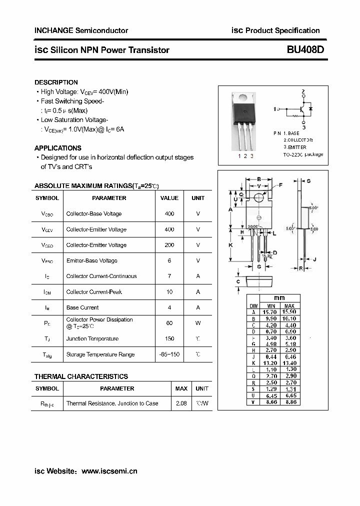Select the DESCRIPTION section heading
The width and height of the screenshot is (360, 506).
coord(56,82)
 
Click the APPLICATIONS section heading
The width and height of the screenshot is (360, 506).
coord(57,148)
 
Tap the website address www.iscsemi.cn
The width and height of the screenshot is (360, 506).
coord(109,471)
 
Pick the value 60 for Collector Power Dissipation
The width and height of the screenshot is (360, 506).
coord(169,323)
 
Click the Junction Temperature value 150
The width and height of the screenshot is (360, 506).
coord(169,338)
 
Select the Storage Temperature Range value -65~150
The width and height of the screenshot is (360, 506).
coord(169,354)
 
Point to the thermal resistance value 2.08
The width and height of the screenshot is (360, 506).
coord(181,403)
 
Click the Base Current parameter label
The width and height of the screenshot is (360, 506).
coord(82,307)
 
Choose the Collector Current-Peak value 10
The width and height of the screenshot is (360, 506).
coord(169,292)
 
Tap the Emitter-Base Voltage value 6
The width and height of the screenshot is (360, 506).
coord(169,260)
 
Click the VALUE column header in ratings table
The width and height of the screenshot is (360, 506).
coord(169,198)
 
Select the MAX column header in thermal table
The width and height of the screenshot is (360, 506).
coord(181,388)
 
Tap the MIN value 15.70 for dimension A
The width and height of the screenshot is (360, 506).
coord(270,311)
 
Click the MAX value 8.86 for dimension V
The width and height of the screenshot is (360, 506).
coord(289,401)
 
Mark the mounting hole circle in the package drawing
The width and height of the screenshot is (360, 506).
coord(258,198)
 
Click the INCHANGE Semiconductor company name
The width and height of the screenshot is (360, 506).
coord(81,30)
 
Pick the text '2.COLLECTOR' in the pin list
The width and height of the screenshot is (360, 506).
coord(298,140)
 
